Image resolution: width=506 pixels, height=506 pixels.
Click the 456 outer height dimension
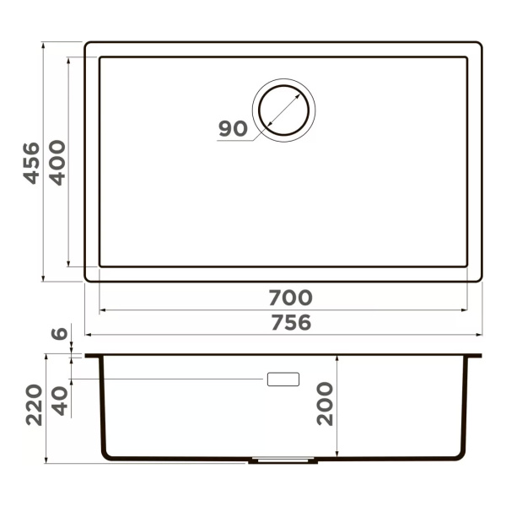point(31,164)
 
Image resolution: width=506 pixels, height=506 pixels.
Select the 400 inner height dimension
point(57,163)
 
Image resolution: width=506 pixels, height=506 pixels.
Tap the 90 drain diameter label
point(233,128)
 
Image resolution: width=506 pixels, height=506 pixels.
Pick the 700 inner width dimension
point(290,298)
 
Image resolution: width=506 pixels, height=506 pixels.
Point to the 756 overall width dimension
point(291,322)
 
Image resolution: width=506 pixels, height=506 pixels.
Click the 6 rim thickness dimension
point(59,333)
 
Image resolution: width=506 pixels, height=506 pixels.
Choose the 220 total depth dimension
point(34,405)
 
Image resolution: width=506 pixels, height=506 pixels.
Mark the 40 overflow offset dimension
point(60,401)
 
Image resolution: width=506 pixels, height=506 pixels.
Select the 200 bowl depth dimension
point(325,404)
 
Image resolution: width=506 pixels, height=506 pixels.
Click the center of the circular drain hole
point(283,110)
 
